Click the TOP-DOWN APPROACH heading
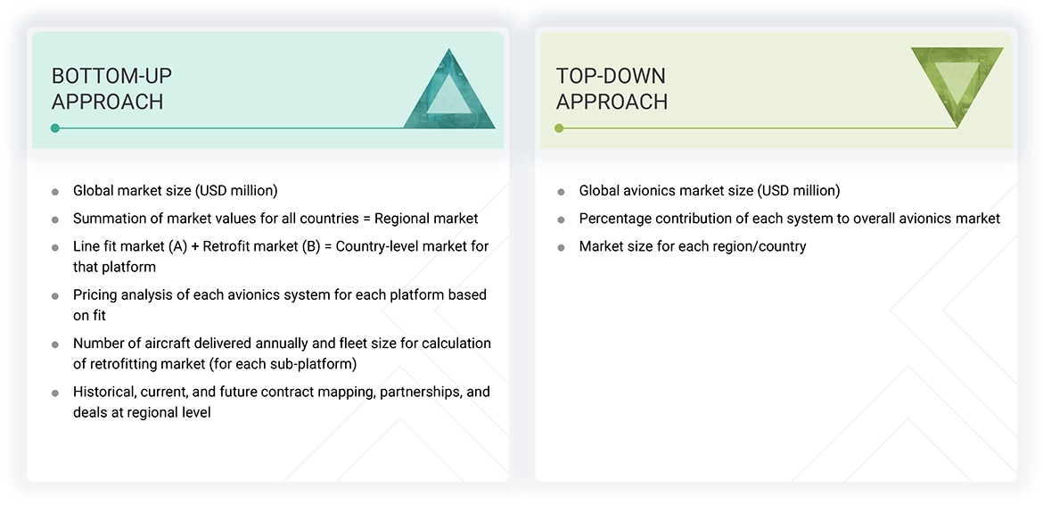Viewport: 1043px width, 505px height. (612, 88)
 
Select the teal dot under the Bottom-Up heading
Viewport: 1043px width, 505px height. (55, 128)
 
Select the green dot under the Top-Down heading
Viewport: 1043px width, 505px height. (559, 128)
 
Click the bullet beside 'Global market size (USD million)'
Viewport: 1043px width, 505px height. (55, 192)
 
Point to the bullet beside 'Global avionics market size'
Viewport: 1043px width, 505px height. (561, 192)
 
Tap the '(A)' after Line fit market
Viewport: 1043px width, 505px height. (177, 245)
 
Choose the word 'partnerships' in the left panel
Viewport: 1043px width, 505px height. (401, 392)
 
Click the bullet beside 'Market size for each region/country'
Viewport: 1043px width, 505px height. (561, 247)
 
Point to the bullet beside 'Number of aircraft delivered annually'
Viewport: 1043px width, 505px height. (55, 344)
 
